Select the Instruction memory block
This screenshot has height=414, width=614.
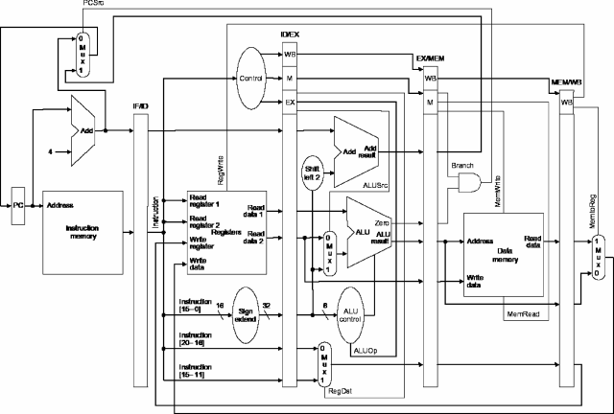click(83, 233)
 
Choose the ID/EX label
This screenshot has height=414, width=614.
click(289, 34)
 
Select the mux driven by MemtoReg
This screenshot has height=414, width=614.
click(597, 256)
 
